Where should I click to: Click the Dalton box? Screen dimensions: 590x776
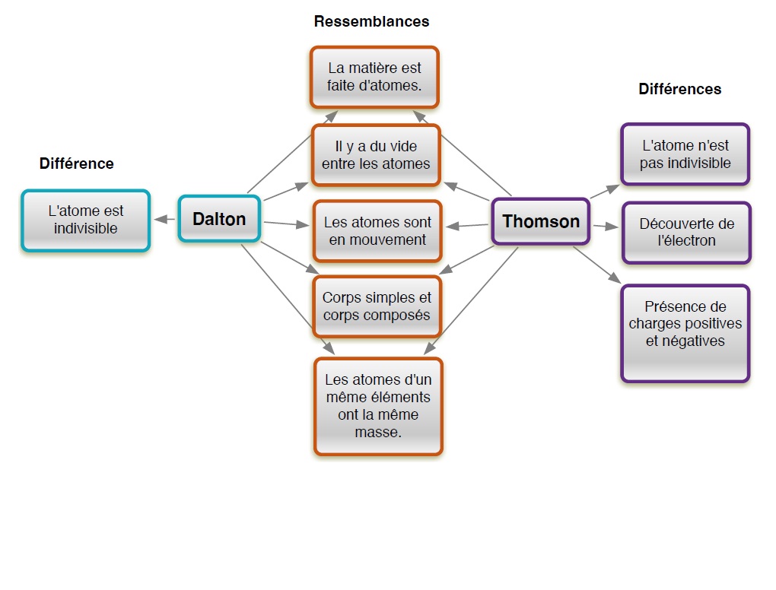[x=219, y=219]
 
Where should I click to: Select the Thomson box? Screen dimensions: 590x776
[x=541, y=221]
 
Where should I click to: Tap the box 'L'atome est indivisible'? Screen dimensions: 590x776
[x=86, y=220]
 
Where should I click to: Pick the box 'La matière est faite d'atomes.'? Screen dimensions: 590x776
[x=374, y=77]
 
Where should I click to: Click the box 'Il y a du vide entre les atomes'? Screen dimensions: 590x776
[x=376, y=155]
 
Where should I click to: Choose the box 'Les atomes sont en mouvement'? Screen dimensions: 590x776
[x=377, y=231]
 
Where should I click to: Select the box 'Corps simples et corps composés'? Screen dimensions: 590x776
[x=377, y=306]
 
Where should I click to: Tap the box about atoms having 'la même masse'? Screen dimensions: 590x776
[x=378, y=406]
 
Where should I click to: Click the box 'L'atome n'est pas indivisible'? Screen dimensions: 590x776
[x=685, y=154]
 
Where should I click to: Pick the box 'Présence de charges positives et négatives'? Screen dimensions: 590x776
[x=685, y=333]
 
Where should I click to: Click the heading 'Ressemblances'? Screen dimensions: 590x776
[x=371, y=21]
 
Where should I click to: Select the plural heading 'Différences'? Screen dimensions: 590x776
[x=679, y=89]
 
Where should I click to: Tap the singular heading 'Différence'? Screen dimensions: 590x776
[x=76, y=163]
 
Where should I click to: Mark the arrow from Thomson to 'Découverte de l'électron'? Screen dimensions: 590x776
[x=605, y=226]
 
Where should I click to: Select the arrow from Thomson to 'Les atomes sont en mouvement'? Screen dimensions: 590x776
[x=467, y=226]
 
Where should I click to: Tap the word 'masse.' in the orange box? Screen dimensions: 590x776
[x=378, y=432]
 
